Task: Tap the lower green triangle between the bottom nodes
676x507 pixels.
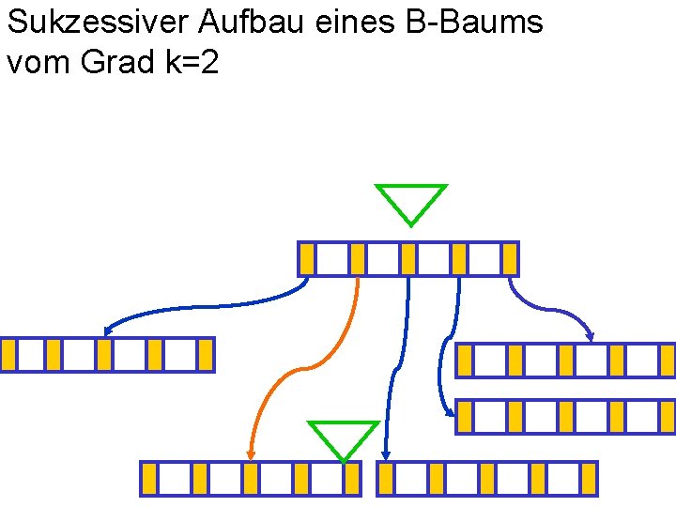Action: point(344,438)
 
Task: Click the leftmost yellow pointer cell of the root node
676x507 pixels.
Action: point(307,259)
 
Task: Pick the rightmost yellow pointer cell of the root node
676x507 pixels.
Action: point(510,259)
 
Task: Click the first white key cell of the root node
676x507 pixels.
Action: point(331,259)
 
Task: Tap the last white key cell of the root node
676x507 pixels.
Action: point(484,259)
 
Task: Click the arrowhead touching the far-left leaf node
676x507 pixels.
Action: point(109,330)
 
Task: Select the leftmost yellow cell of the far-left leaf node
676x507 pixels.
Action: point(8,355)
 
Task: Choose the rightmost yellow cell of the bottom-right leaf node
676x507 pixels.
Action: point(589,479)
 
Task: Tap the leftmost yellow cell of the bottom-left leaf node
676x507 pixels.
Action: point(148,479)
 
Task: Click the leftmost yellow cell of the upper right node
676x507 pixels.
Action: point(464,361)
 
